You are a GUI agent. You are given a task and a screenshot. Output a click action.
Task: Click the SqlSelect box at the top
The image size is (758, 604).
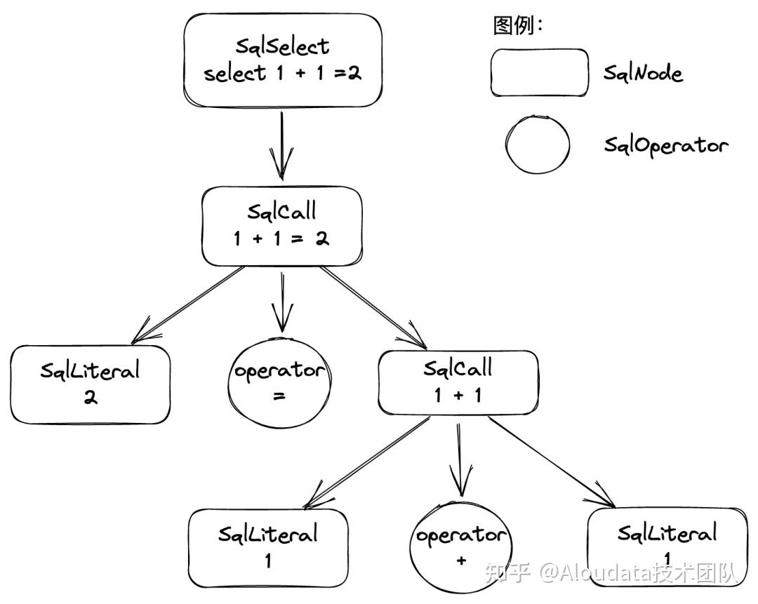pos(283,60)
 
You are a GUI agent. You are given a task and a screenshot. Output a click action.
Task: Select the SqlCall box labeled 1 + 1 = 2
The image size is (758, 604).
pos(282,226)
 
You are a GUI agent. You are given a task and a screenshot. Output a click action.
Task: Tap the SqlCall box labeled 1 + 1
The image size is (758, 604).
pos(458,382)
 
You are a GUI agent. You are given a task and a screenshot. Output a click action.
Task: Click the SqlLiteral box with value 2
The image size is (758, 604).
pos(91,384)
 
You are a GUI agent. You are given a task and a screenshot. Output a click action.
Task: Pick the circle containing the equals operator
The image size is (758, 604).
pos(280,384)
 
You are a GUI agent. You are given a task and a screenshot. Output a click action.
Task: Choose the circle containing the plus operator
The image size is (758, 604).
pos(460,547)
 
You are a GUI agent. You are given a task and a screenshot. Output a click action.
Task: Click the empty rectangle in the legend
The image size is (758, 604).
pos(540,72)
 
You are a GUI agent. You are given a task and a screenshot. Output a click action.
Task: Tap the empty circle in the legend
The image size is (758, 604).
pos(538,145)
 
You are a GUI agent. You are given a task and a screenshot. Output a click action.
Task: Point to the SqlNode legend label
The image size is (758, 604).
pos(644,74)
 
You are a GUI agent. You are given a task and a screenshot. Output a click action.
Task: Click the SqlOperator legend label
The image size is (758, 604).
pos(666,145)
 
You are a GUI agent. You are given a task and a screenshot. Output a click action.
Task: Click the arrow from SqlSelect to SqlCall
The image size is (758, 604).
pos(281,146)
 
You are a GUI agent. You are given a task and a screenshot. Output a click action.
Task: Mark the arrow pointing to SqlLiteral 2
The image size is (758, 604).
pos(187,305)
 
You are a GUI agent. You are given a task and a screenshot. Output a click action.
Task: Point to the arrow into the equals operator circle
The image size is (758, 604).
pos(282,302)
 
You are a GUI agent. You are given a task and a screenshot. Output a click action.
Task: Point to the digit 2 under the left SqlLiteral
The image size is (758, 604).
pos(91,397)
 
